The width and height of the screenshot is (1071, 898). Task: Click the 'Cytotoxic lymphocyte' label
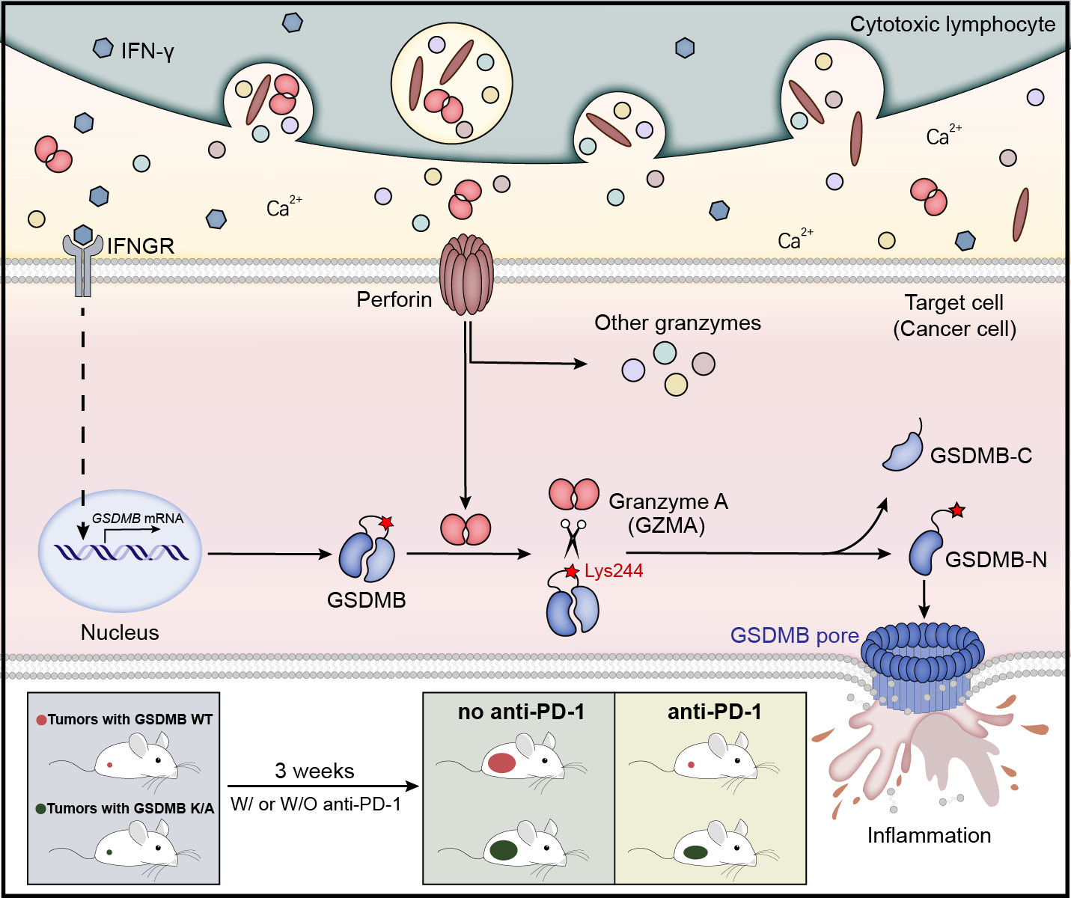click(952, 25)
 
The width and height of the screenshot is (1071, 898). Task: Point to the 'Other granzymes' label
click(677, 323)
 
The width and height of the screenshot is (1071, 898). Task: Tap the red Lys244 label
click(614, 571)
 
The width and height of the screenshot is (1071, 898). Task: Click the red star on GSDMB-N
click(957, 511)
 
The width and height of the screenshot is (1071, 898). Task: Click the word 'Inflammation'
click(929, 835)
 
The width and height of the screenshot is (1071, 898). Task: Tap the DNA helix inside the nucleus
click(120, 553)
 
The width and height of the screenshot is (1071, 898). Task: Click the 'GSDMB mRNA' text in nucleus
click(138, 518)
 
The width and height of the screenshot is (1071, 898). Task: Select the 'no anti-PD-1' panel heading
click(521, 712)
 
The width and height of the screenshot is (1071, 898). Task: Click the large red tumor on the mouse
click(501, 763)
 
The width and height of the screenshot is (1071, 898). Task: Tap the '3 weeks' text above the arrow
click(314, 771)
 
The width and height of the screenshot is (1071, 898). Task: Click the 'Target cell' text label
click(953, 303)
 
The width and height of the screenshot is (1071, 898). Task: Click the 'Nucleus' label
click(120, 632)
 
